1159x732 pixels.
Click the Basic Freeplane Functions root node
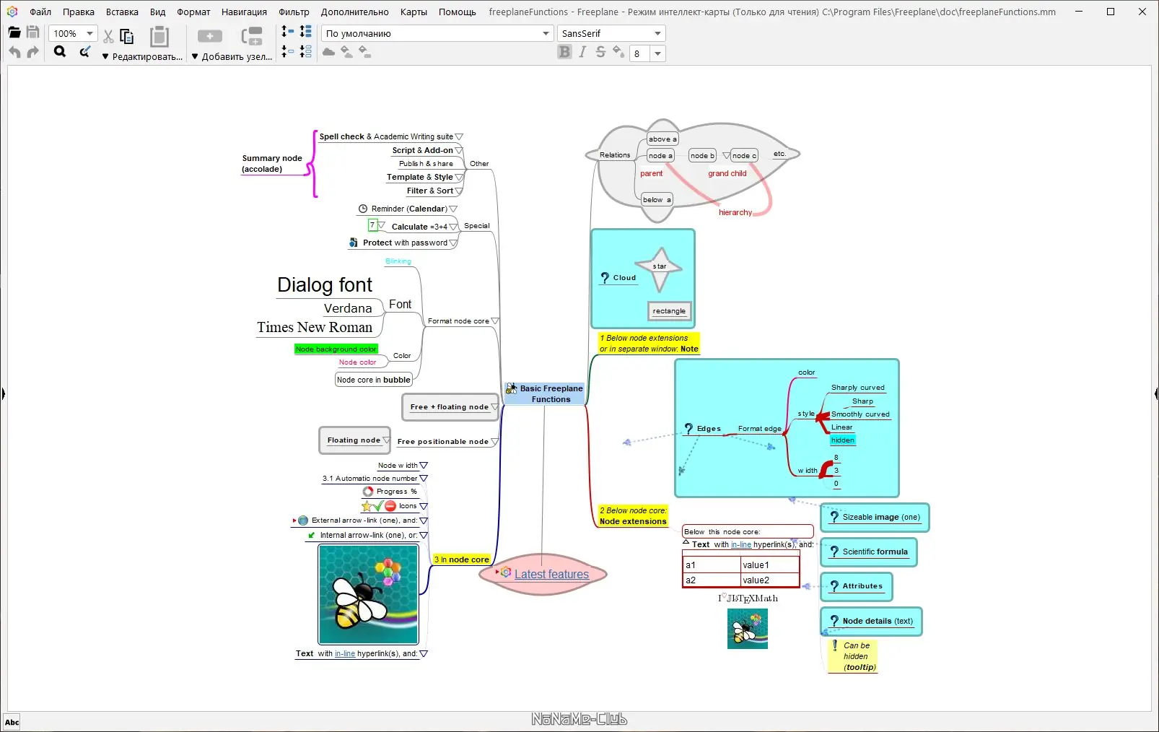(x=550, y=393)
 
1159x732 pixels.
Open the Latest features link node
(x=551, y=575)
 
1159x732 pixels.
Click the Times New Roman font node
(x=315, y=328)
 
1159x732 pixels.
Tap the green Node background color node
(x=336, y=349)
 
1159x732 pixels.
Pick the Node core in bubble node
(x=373, y=380)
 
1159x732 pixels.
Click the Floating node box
(x=354, y=440)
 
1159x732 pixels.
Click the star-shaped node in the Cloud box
(x=660, y=267)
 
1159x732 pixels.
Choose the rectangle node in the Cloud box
(x=669, y=311)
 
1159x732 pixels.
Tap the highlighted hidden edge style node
(x=842, y=440)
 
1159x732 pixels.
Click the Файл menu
(x=40, y=12)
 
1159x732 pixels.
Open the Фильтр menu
(x=294, y=12)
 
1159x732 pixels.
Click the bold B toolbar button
(x=564, y=52)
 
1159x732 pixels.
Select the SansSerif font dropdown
(x=611, y=33)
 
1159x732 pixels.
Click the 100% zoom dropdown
(x=72, y=33)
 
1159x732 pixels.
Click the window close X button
(x=1142, y=12)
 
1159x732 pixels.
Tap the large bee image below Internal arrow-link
(x=368, y=594)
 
